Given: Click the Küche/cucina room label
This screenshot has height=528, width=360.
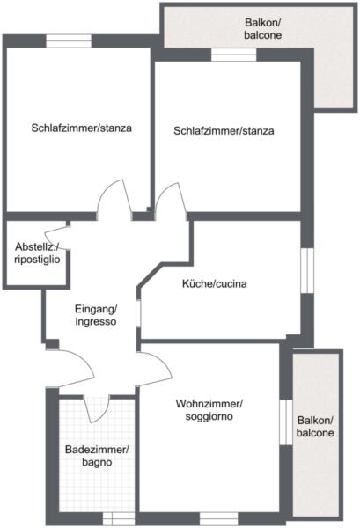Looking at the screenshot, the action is [x=214, y=283].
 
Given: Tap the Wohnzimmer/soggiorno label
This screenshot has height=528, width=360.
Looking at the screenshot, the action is [x=209, y=409].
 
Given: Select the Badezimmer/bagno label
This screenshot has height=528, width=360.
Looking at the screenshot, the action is [x=97, y=455].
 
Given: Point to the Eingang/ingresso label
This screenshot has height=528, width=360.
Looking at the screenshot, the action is [x=96, y=315].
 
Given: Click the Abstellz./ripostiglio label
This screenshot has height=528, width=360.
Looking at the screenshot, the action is [x=37, y=253].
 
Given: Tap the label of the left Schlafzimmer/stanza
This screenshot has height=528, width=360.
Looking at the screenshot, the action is [x=82, y=128].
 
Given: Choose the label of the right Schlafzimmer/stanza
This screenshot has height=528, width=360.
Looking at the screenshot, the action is [x=224, y=130].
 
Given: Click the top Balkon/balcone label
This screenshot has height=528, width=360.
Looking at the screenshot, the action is [x=262, y=29].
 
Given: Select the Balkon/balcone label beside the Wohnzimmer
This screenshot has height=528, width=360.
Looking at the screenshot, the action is [x=315, y=426].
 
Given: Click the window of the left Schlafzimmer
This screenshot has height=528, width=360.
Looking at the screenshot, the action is [x=69, y=41].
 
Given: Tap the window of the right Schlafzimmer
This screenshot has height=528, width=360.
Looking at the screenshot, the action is [x=234, y=55].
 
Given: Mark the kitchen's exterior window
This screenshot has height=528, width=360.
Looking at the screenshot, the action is [x=307, y=271].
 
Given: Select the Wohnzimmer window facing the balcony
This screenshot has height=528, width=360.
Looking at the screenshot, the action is [x=286, y=422].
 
